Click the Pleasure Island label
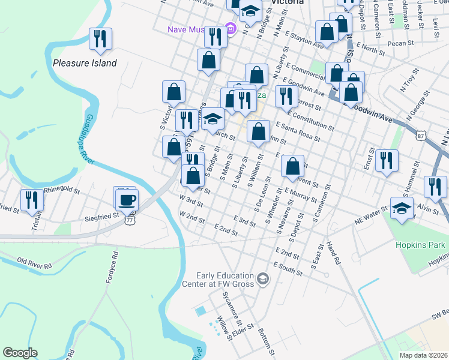tap(85, 62)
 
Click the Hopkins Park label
tap(420, 245)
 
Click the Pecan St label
tap(401, 43)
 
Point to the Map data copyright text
tap(423, 355)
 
